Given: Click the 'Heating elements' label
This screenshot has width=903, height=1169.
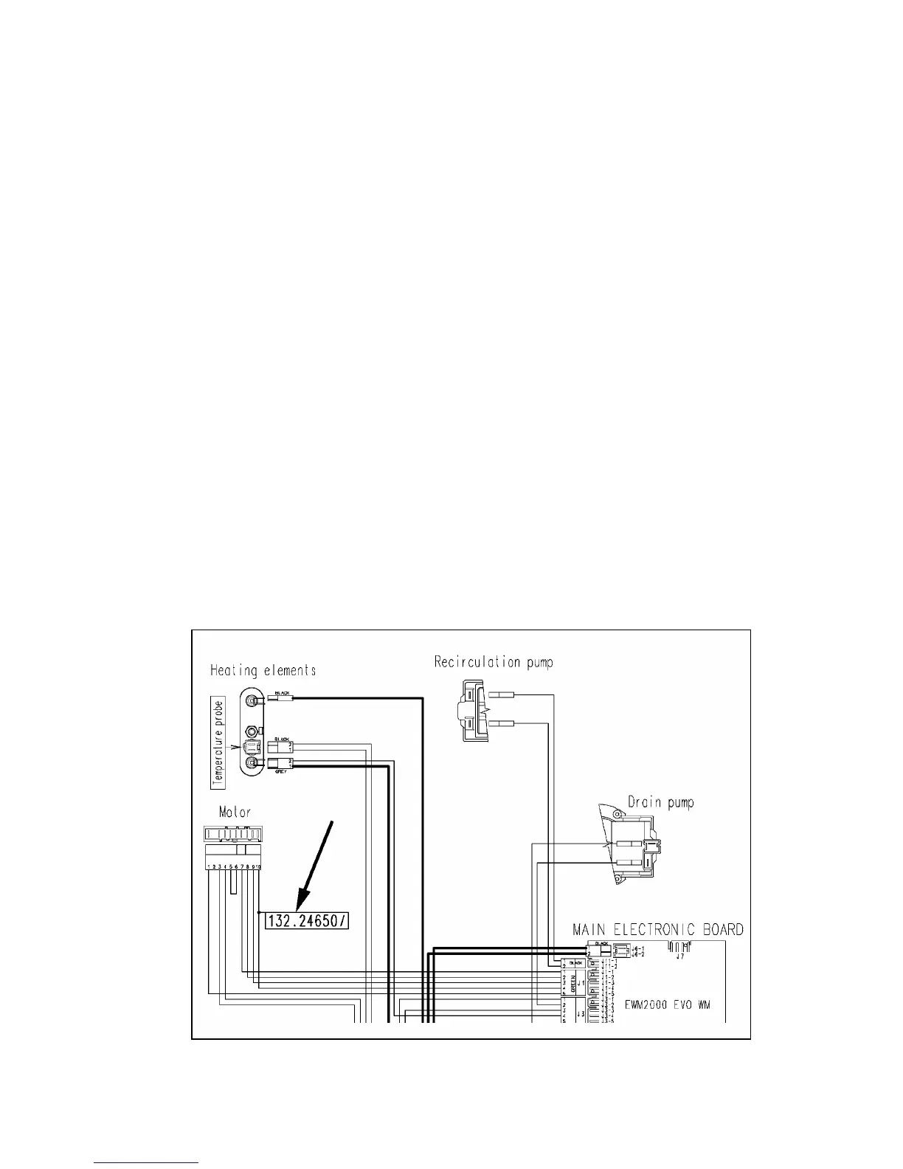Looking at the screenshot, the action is coord(263,671).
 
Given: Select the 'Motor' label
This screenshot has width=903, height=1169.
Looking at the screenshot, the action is coord(235,813).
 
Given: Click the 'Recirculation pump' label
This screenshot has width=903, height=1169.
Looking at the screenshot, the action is coord(493,662).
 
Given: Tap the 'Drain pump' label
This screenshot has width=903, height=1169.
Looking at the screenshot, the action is coord(660,802).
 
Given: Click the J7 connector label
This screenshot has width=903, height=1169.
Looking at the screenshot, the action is coord(677,956).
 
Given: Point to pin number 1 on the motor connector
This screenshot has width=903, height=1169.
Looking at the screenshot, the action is coord(209,866).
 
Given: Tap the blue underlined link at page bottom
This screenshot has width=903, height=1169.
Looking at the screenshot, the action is coord(147,1163).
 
